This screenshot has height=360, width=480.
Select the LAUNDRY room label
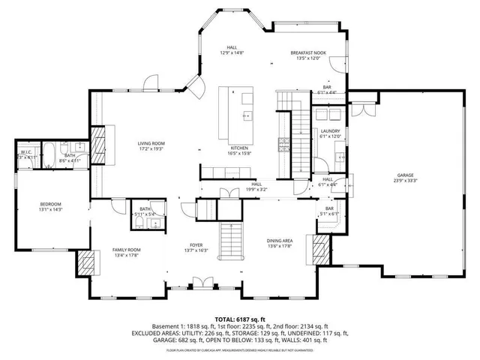coord(330,131)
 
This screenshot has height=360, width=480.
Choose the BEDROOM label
coord(50,204)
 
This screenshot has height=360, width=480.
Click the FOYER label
coord(196,244)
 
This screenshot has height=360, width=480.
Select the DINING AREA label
coord(279,241)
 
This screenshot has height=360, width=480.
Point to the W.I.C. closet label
coord(25,152)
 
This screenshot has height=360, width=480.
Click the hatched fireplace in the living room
coord(98,141)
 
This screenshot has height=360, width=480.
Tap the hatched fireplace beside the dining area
coord(321,247)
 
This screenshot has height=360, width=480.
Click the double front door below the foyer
coord(199,283)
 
